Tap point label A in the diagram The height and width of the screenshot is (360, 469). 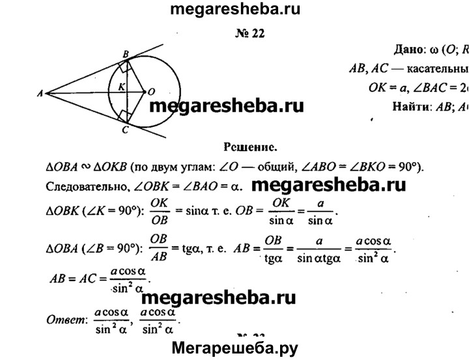40,94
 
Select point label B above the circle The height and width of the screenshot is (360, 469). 126,53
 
